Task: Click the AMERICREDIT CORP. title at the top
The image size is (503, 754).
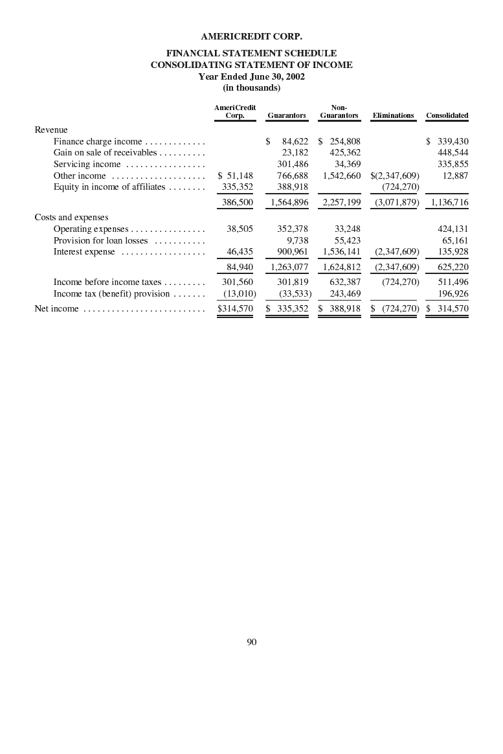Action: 252,36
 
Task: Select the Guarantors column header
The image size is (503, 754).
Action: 286,115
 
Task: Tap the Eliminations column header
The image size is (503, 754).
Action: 393,115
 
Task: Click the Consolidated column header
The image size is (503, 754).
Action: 447,115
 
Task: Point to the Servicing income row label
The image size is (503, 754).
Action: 87,165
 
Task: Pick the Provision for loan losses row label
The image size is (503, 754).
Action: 100,240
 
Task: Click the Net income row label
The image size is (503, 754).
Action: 56,309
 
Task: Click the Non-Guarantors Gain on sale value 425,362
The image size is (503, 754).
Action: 343,153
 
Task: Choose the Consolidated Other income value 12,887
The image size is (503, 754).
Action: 456,176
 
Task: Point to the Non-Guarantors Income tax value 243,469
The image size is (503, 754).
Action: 343,294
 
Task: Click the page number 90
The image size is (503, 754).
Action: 252,642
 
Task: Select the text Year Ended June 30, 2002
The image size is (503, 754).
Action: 252,76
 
